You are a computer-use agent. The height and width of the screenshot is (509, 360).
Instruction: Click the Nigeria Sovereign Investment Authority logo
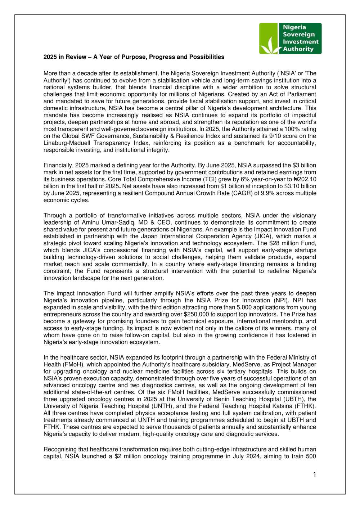tap(290, 38)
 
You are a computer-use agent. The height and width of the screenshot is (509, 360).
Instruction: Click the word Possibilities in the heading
tap(207, 57)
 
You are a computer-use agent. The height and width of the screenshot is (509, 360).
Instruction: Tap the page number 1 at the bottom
tap(314, 474)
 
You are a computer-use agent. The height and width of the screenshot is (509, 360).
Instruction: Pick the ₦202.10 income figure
tap(305, 179)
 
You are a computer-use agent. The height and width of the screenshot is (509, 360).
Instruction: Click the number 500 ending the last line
tap(310, 456)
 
